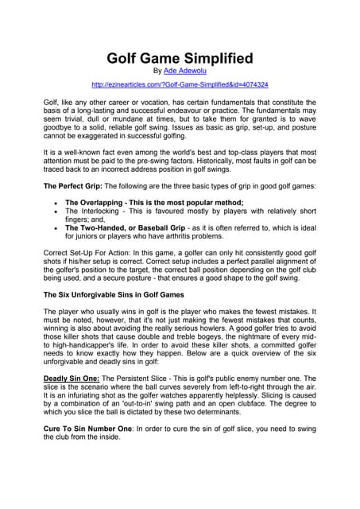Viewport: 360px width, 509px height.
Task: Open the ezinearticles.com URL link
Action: pyautogui.click(x=180, y=84)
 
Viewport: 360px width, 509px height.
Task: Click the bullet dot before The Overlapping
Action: pyautogui.click(x=52, y=203)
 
